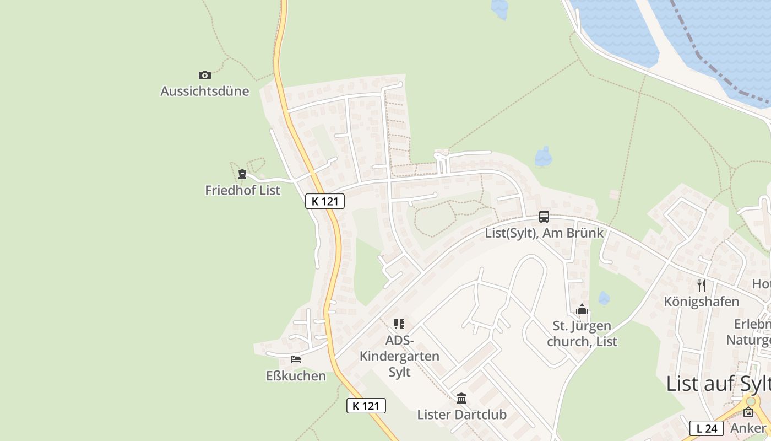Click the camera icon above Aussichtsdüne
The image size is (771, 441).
click(205, 75)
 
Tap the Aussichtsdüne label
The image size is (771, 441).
click(205, 91)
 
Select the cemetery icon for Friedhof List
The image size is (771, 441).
click(242, 174)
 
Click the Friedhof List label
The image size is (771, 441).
click(242, 190)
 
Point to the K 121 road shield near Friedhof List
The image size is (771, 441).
click(325, 201)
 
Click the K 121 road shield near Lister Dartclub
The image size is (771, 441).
click(366, 406)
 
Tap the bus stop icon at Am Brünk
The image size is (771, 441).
click(544, 217)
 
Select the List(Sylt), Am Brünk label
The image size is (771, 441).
click(544, 233)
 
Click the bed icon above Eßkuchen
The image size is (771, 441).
click(296, 360)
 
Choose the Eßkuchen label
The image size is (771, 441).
click(296, 376)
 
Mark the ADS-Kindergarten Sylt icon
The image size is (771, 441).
click(399, 324)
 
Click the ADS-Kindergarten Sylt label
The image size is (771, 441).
click(399, 356)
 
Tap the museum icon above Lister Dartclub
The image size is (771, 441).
click(461, 398)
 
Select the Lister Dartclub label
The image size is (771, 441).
click(461, 414)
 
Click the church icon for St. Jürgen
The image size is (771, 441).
click(582, 310)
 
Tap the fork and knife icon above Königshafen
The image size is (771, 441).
click(701, 286)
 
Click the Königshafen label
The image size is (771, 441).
click(701, 302)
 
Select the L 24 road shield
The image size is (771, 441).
click(707, 428)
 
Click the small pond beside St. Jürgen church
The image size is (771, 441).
click(604, 298)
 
